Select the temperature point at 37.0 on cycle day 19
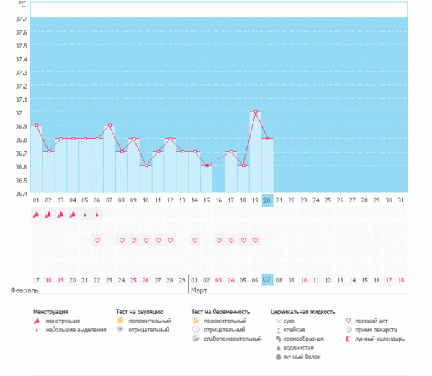click(x=255, y=112)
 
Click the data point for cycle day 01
click(x=36, y=125)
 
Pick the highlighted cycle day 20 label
click(x=267, y=200)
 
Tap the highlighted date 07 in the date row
click(x=267, y=279)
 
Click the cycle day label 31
click(x=401, y=200)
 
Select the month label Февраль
click(x=22, y=290)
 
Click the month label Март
click(x=198, y=290)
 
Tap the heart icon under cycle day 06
click(x=97, y=240)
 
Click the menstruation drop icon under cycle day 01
click(x=36, y=214)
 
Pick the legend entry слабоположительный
click(x=232, y=339)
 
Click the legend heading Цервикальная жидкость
click(x=302, y=312)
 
